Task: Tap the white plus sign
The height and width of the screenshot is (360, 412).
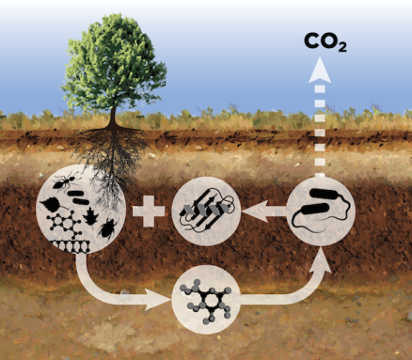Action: pyautogui.click(x=148, y=211)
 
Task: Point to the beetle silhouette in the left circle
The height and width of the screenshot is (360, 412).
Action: pyautogui.click(x=108, y=227)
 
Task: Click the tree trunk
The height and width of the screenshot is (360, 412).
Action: pyautogui.click(x=115, y=117)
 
